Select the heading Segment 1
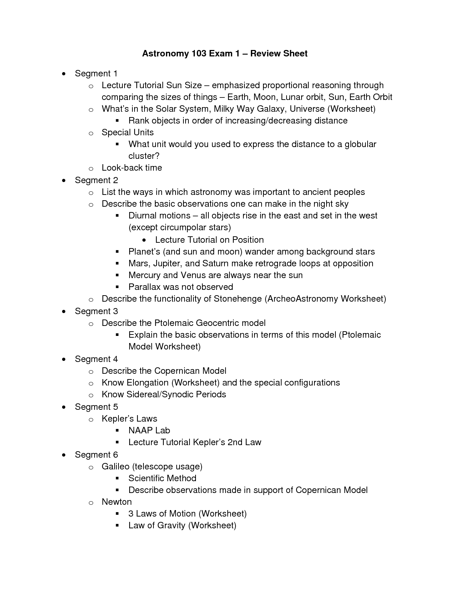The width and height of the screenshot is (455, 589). pyautogui.click(x=96, y=74)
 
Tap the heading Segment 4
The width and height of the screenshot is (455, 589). pyautogui.click(x=96, y=359)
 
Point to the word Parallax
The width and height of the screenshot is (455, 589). pyautogui.click(x=145, y=287)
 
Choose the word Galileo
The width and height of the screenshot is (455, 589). pyautogui.click(x=115, y=467)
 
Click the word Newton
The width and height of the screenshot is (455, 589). pyautogui.click(x=117, y=502)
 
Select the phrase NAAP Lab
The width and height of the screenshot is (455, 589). pyautogui.click(x=149, y=431)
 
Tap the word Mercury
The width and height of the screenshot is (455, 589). pyautogui.click(x=144, y=275)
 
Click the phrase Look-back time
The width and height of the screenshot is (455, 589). pyautogui.click(x=132, y=168)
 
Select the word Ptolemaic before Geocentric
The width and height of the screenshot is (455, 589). pyautogui.click(x=173, y=323)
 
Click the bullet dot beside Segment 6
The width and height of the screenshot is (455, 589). pyautogui.click(x=64, y=455)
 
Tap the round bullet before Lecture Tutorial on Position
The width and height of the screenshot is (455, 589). pyautogui.click(x=144, y=240)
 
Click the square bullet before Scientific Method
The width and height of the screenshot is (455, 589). pyautogui.click(x=117, y=478)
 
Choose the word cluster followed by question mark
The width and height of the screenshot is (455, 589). pyautogui.click(x=142, y=156)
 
